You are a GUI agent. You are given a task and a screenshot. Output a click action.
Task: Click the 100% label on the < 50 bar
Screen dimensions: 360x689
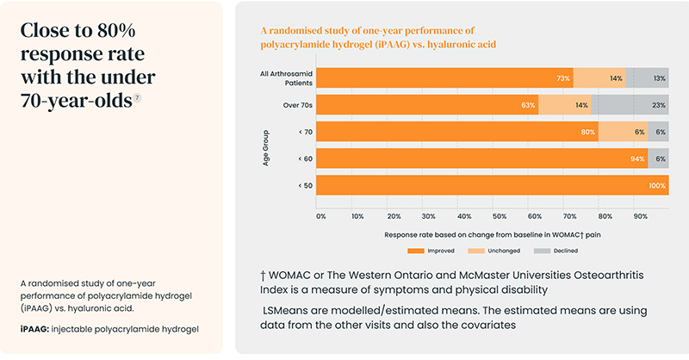pos(657,185)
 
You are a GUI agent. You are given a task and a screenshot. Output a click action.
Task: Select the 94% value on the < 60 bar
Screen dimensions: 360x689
pos(636,158)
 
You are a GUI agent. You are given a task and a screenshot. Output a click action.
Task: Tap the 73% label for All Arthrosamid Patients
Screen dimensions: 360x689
pos(564,78)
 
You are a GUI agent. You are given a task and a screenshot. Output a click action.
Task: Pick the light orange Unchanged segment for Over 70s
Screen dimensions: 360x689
pos(564,105)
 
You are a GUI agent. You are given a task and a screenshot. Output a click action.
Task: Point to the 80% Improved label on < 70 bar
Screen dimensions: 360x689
pos(588,132)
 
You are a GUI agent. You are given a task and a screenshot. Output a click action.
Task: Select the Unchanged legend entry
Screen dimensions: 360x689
pos(491,251)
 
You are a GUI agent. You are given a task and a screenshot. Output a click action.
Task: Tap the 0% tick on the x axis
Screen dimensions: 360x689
pos(320,216)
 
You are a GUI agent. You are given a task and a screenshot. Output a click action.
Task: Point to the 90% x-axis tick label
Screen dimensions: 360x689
pos(641,216)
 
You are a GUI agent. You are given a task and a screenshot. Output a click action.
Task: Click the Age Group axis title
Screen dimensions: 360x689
pos(268,147)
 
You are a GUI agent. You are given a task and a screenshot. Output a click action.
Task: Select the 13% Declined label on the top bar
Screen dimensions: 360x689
pos(659,78)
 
